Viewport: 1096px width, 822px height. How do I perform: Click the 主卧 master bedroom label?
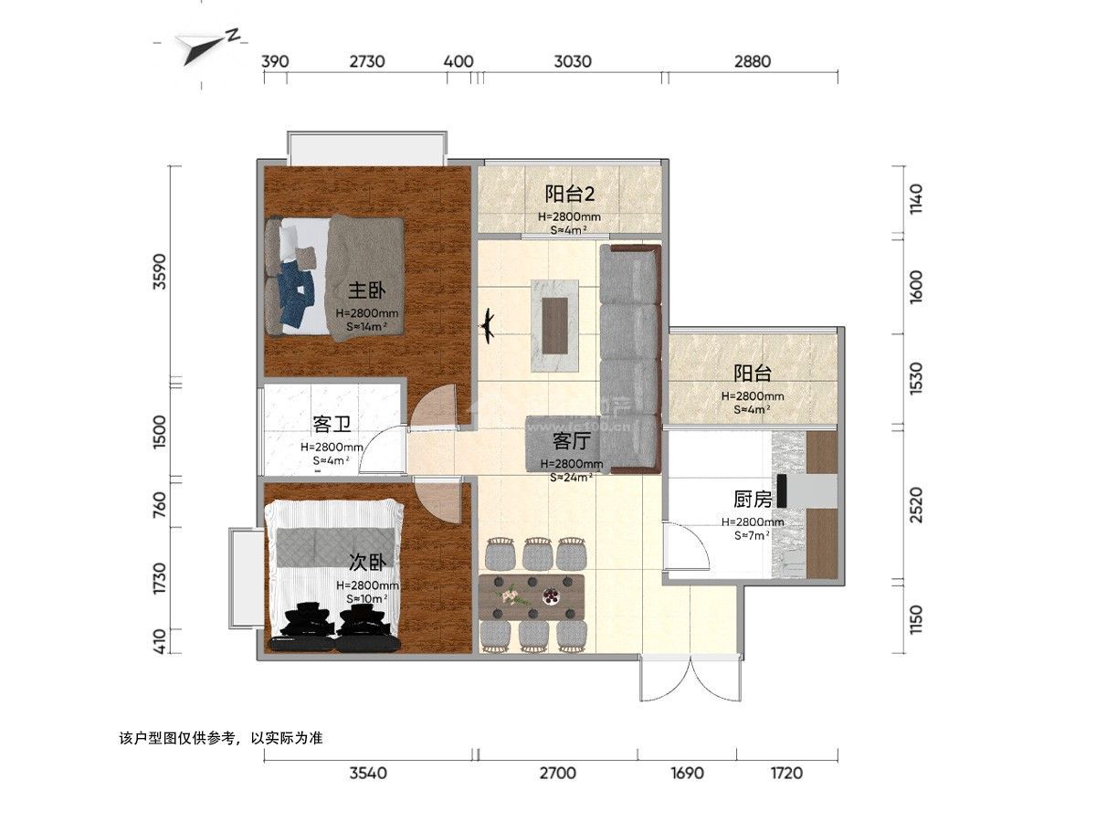(366, 290)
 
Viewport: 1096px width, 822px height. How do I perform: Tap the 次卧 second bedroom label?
(367, 563)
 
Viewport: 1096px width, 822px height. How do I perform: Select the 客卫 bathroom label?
(332, 424)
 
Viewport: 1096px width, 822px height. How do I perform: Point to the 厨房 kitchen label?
(753, 499)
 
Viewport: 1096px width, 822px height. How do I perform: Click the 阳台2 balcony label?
(569, 194)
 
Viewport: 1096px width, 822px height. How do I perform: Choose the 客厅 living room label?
(571, 441)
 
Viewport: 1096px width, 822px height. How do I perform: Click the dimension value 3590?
(159, 271)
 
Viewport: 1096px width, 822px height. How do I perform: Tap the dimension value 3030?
(573, 61)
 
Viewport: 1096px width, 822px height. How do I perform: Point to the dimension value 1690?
(687, 773)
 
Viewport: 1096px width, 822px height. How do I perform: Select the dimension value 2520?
(916, 505)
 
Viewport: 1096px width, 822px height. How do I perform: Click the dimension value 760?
(159, 504)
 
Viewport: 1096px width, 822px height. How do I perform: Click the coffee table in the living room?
(554, 325)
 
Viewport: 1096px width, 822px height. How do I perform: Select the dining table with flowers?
(532, 597)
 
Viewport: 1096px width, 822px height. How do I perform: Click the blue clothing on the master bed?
(297, 294)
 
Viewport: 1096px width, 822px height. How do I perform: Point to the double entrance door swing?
(690, 679)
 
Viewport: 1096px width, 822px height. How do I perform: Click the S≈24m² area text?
(571, 478)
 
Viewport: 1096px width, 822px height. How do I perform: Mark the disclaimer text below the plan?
(221, 738)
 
